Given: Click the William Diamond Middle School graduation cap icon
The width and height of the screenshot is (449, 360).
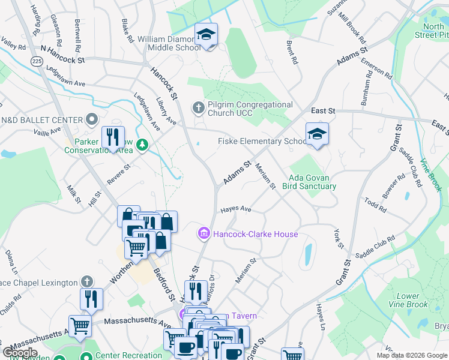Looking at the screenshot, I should tap(206, 35).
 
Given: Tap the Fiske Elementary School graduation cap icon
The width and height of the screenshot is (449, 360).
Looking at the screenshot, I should tap(317, 134).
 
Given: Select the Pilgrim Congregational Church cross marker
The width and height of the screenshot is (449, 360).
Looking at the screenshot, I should tap(199, 108).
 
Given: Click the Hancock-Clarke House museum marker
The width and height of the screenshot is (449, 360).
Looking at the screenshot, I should tap(203, 233).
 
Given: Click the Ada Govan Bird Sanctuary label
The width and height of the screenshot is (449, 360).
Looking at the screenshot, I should tap(312, 182).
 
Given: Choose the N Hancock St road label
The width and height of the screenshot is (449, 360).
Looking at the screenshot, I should tap(64, 50).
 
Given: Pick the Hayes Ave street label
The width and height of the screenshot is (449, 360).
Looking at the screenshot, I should tap(235, 209).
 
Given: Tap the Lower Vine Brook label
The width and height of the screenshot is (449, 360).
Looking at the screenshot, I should tap(408, 301).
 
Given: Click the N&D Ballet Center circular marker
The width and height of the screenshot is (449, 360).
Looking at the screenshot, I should tap(91, 119).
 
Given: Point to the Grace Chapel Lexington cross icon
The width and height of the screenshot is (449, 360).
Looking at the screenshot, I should tap(86, 282).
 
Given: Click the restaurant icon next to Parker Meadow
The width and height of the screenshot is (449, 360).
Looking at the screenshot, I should tap(112, 137).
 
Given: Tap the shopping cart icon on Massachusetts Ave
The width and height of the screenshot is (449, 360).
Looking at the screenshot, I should tap(80, 326).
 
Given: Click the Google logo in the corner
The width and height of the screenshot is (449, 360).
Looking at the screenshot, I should tap(20, 353).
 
